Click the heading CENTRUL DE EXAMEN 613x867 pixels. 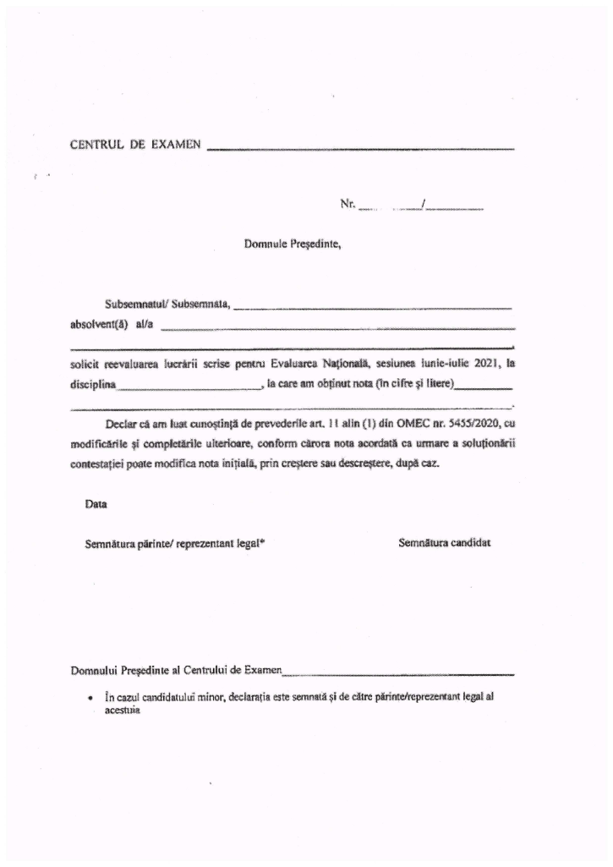click(135, 145)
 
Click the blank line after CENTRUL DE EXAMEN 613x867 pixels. click(360, 148)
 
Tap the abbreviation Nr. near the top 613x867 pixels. click(347, 204)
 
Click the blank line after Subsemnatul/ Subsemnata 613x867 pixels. click(373, 306)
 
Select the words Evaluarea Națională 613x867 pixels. click(323, 364)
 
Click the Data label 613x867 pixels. click(96, 504)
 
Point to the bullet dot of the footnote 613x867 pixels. click(89, 700)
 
